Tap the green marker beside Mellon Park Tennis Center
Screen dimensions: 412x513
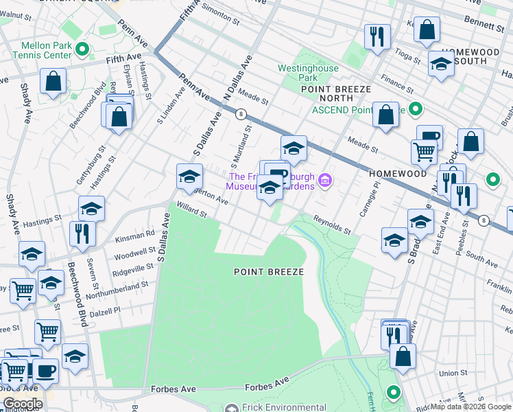(82, 49)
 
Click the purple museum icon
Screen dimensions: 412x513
(325, 181)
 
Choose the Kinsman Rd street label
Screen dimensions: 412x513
(135, 233)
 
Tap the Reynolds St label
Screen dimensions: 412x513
(333, 225)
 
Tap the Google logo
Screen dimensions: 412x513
(22, 404)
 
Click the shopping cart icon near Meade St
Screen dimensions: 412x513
(424, 151)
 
